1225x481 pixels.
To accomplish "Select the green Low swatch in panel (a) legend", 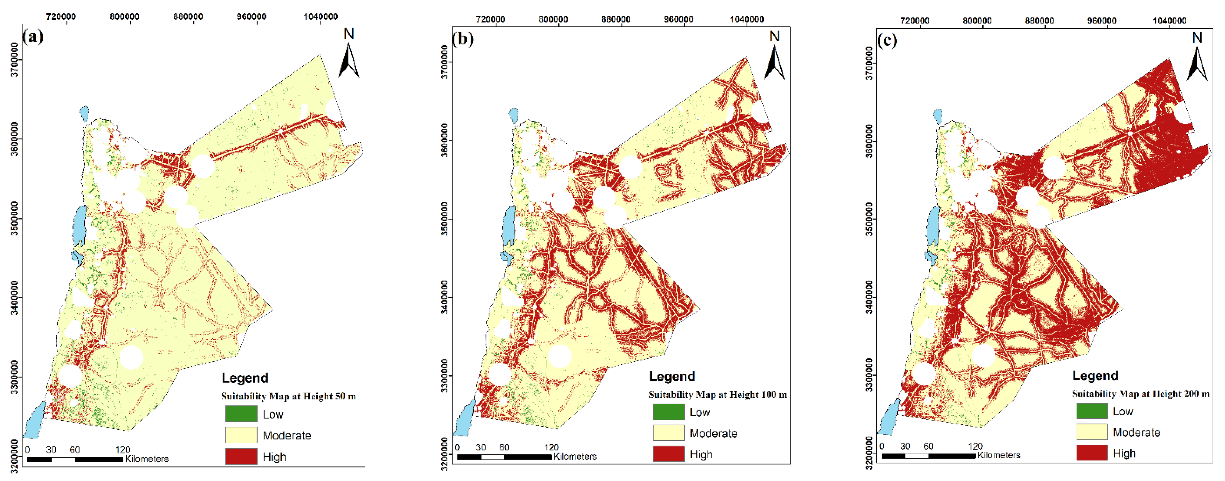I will click(241, 414).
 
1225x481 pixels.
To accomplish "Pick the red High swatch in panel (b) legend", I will click(668, 454).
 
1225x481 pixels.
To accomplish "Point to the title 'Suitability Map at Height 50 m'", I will click(288, 396).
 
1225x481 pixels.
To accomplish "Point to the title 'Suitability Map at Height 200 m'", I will click(1140, 394).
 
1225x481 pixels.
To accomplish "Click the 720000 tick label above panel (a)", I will click(61, 17).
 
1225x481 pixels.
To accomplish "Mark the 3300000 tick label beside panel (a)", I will click(15, 377).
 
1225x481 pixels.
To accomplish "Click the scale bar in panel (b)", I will click(504, 457).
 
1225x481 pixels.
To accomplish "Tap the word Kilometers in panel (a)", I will click(147, 459).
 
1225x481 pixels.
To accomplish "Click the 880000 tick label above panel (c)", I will click(1039, 21).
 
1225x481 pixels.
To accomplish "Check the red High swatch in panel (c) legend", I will click(1092, 453).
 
